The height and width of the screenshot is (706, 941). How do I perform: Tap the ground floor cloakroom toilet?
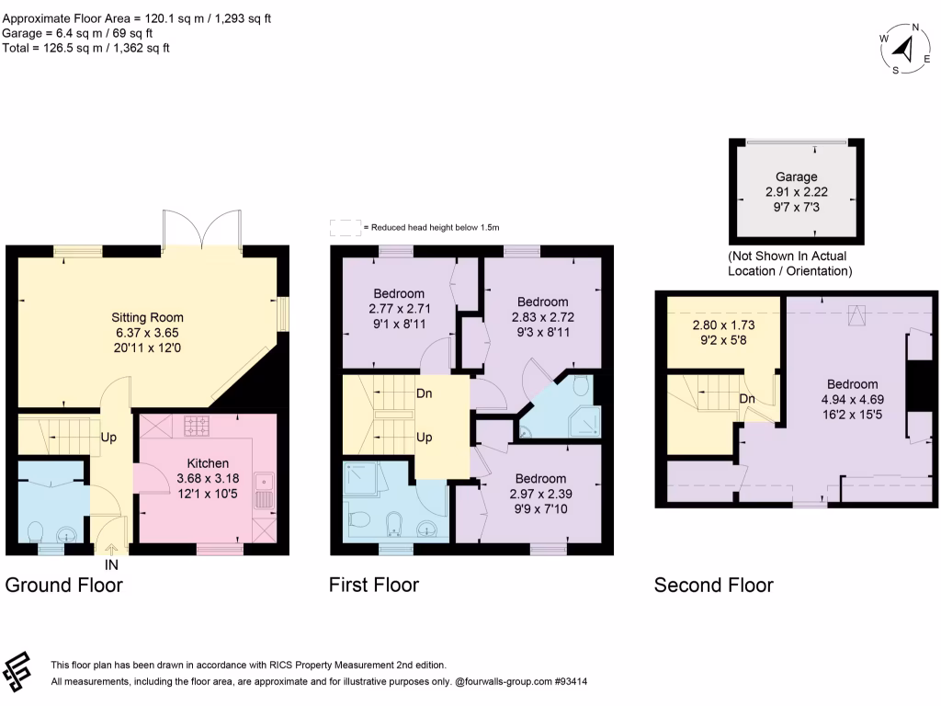36,532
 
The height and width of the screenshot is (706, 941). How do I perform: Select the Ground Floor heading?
63,585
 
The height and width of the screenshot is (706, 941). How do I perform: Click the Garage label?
796,176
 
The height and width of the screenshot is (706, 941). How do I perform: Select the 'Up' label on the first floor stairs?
425,438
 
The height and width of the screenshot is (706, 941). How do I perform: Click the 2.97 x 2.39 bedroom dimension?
539,494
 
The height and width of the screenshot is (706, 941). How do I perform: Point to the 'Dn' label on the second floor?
748,400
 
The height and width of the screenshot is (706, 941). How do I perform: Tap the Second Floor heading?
713,585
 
